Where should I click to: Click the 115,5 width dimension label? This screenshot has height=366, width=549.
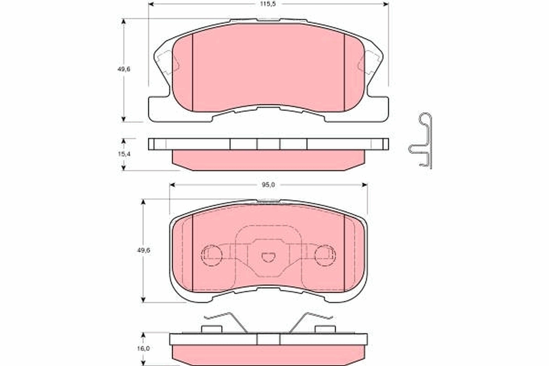click(269, 3)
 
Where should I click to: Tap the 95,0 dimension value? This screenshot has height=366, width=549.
click(269, 184)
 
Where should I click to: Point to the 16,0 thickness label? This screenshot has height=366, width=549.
click(144, 349)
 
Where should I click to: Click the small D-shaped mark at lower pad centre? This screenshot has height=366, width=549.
click(268, 258)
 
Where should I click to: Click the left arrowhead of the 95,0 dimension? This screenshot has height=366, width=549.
click(172, 184)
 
